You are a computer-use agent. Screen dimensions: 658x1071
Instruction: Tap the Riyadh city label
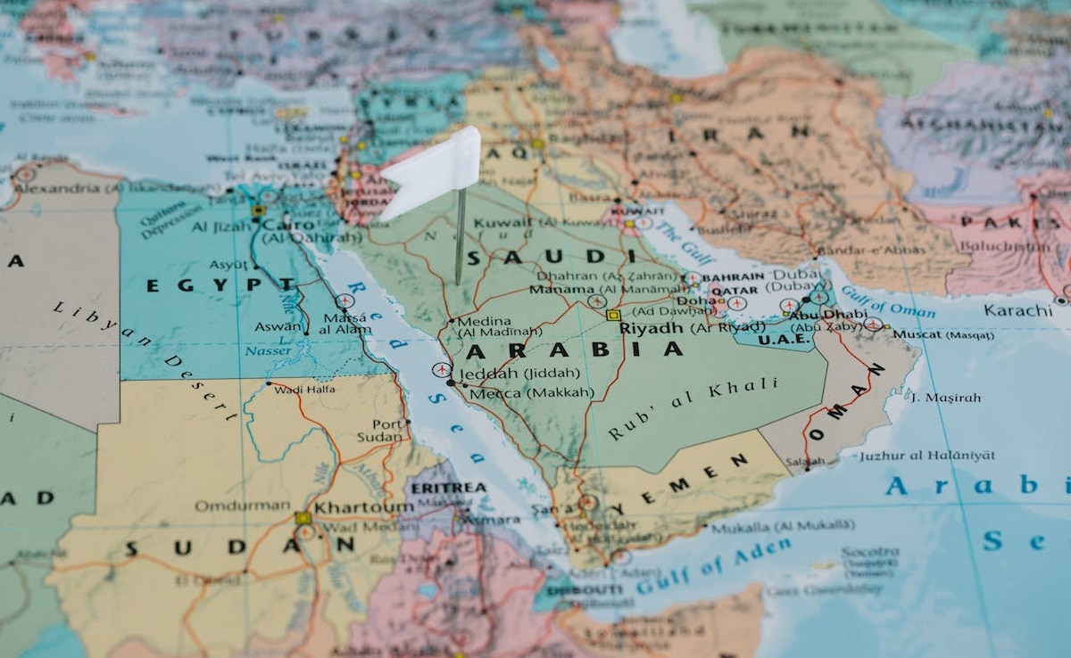point(652,327)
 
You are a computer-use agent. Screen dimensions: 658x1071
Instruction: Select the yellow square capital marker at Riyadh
point(613,315)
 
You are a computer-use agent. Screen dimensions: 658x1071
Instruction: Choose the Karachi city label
point(1018,310)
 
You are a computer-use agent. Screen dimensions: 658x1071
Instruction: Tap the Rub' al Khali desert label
point(693,408)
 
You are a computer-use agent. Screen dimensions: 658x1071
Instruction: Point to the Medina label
point(483,321)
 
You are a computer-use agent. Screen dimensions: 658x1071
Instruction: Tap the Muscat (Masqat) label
point(942,334)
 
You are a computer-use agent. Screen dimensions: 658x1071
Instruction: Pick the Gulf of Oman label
point(888,303)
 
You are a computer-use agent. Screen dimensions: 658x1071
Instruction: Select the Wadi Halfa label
point(305,390)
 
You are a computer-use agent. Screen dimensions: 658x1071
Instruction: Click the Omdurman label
point(229,506)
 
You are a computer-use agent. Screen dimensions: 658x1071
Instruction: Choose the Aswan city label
point(278,326)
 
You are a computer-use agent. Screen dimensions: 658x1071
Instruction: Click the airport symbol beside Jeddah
point(440,369)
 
